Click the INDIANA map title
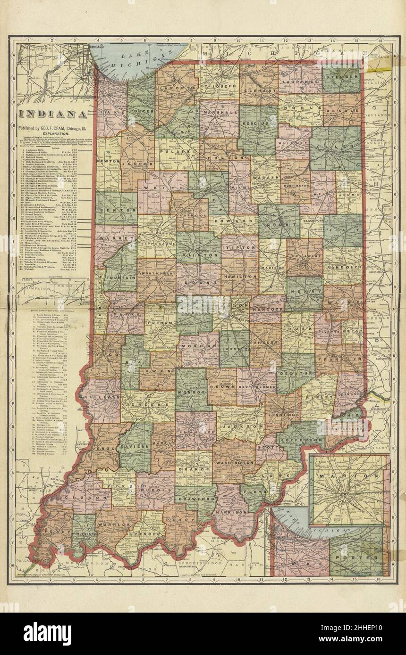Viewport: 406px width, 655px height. (x=52, y=115)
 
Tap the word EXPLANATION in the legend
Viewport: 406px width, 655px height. (x=52, y=134)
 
